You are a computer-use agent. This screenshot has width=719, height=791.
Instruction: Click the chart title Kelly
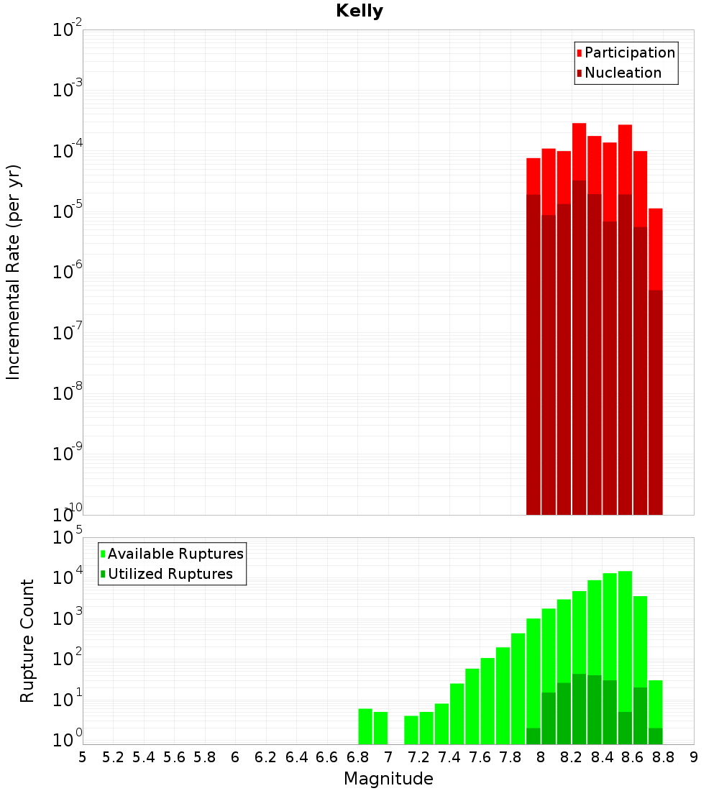tap(359, 12)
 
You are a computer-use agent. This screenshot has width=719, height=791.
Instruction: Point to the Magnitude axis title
tap(388, 779)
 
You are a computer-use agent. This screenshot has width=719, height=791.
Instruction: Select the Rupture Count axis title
tap(27, 641)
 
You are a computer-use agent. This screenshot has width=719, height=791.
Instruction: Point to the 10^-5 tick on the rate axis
tap(68, 211)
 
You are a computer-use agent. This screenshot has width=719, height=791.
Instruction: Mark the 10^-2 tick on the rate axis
tap(68, 30)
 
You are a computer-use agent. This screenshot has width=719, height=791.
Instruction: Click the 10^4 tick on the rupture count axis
tap(68, 578)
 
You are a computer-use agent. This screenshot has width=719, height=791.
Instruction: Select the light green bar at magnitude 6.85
tap(365, 726)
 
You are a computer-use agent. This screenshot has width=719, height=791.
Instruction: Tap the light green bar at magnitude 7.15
tap(411, 730)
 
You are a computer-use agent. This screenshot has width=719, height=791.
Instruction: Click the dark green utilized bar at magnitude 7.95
tap(533, 736)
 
